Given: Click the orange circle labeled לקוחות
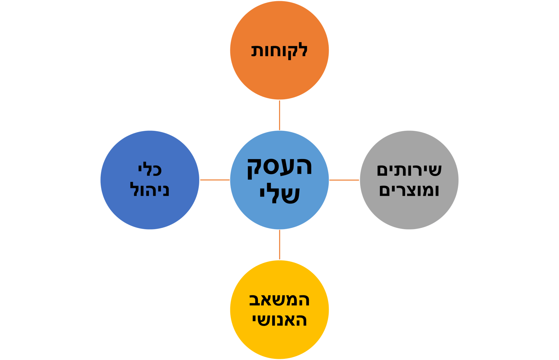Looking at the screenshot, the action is pyautogui.click(x=279, y=50).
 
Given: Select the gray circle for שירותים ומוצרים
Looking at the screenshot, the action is pyautogui.click(x=409, y=180).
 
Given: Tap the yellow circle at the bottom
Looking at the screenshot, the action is pyautogui.click(x=279, y=310).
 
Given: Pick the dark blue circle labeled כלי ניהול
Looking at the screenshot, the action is pyautogui.click(x=150, y=180).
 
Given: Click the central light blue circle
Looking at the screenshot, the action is pyautogui.click(x=279, y=180).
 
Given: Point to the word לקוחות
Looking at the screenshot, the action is pyautogui.click(x=279, y=51).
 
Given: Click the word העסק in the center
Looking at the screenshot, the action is pyautogui.click(x=279, y=168).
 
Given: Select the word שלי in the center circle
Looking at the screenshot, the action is pyautogui.click(x=279, y=193).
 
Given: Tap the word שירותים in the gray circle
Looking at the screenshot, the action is pyautogui.click(x=409, y=170).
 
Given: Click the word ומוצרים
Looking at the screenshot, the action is pyautogui.click(x=409, y=190).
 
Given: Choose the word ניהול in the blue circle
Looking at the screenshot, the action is pyautogui.click(x=150, y=189).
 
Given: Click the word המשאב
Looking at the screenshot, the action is pyautogui.click(x=279, y=300).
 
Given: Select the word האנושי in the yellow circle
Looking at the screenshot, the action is pyautogui.click(x=279, y=320).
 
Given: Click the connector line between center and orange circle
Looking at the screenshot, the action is pyautogui.click(x=279, y=115).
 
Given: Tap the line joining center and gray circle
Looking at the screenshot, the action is pyautogui.click(x=344, y=180).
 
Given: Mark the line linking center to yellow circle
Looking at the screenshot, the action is pyautogui.click(x=279, y=245).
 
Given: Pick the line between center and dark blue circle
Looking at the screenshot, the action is pyautogui.click(x=215, y=180).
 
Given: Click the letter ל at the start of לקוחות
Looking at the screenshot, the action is pyautogui.click(x=302, y=50).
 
